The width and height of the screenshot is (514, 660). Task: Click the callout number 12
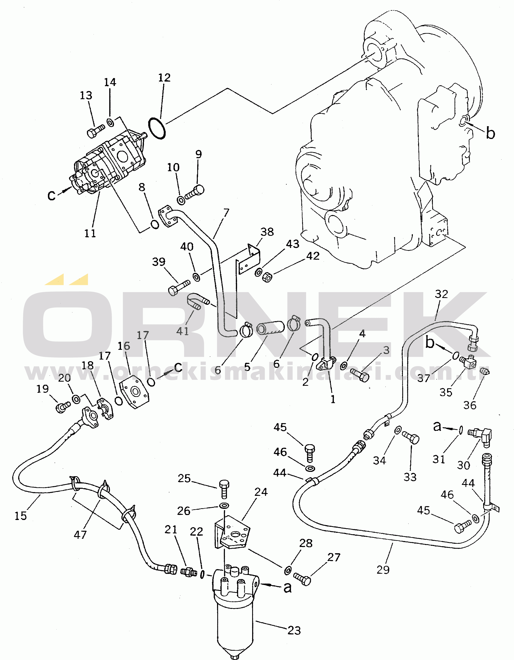[164, 78]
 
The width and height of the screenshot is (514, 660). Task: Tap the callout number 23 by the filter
[294, 630]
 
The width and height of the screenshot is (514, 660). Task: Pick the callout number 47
[80, 535]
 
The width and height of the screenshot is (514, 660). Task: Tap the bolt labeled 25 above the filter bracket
[224, 489]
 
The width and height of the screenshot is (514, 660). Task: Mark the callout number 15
[21, 516]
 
